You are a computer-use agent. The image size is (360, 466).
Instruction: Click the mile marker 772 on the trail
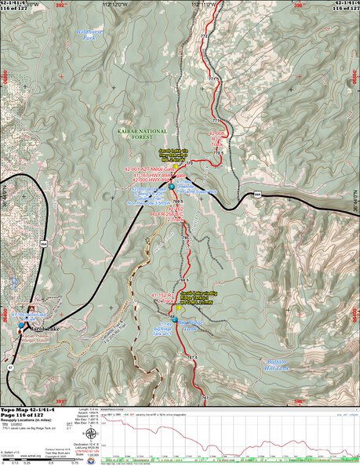click(x=205, y=37)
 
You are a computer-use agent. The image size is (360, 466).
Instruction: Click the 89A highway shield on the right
click(x=257, y=195)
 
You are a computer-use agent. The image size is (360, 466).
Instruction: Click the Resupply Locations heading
click(x=31, y=422)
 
